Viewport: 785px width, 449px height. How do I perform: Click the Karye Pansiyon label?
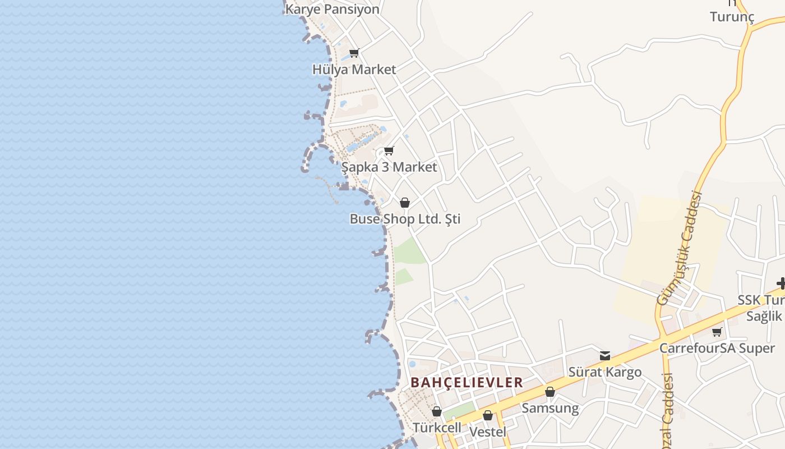pos(332,10)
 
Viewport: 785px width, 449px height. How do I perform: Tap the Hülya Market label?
pos(354,70)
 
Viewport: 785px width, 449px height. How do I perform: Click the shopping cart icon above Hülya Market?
pos(354,53)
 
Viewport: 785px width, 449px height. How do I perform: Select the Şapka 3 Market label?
pos(389,167)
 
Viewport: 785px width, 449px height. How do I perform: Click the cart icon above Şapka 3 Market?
pos(389,151)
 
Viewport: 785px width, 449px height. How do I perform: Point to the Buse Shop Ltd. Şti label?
pos(405,219)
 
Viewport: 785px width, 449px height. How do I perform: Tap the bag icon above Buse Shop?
pos(405,203)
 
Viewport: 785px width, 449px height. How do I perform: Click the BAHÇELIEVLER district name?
pos(467,383)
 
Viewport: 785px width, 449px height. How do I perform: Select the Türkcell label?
pos(437,428)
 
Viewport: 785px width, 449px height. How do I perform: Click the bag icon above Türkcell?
pos(437,412)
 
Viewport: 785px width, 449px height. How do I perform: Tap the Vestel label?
pos(487,432)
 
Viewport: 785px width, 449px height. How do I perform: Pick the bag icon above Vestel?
pos(488,416)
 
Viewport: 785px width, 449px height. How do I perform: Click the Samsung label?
pos(550,408)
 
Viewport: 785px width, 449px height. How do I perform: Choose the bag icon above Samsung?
pos(550,392)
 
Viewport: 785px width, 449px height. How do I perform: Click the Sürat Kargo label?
pos(605,372)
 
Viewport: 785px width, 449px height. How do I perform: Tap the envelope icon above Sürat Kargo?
pos(605,356)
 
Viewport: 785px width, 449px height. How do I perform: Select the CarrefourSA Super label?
pos(717,348)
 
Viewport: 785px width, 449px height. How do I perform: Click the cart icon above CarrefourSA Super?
pos(717,332)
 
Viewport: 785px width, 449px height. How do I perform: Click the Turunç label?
pos(732,17)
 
